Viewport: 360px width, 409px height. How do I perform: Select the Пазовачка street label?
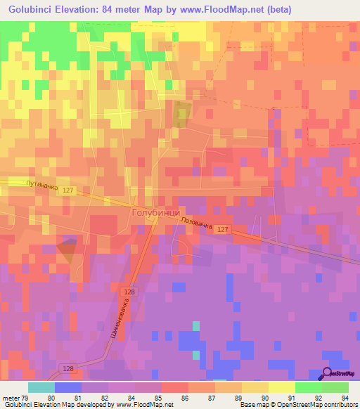click(x=197, y=222)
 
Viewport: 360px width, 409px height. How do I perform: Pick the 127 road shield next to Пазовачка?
click(x=222, y=230)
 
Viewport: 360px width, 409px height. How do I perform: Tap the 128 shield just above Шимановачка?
click(x=129, y=292)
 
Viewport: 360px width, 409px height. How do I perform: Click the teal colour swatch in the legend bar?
click(x=41, y=387)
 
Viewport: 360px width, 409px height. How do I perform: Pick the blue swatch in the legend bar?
click(x=67, y=387)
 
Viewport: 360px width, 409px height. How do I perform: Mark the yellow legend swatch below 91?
click(x=281, y=387)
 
